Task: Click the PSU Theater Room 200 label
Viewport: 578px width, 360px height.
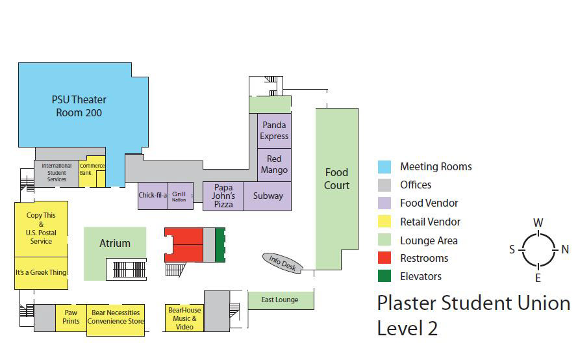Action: pos(79,106)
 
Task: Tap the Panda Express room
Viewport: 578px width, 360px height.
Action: pos(274,131)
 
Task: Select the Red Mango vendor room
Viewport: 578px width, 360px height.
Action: pos(274,164)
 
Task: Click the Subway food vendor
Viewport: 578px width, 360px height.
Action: pos(268,196)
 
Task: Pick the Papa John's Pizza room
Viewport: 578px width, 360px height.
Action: pos(223,196)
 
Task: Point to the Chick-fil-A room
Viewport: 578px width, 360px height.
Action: pos(153,195)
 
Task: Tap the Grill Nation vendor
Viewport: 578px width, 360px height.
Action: pos(179,196)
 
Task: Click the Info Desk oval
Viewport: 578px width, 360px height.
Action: pos(283,263)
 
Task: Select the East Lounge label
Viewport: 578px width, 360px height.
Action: pos(280,300)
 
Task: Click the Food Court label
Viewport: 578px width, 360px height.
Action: pos(336,179)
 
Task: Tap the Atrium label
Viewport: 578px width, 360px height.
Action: pos(115,244)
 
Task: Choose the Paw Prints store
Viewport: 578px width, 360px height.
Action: pos(71,317)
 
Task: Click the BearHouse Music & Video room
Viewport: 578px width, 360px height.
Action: pos(184,318)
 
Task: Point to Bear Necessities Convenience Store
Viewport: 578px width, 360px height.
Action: pos(116,317)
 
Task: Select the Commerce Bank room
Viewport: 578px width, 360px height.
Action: pos(92,169)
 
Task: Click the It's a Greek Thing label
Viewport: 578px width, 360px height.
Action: pos(41,272)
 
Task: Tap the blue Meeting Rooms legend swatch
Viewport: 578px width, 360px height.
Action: pos(385,167)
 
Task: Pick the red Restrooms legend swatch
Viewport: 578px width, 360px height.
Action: pos(385,258)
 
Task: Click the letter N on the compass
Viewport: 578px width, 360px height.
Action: pos(565,250)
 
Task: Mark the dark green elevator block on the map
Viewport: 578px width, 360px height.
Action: pos(220,244)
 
